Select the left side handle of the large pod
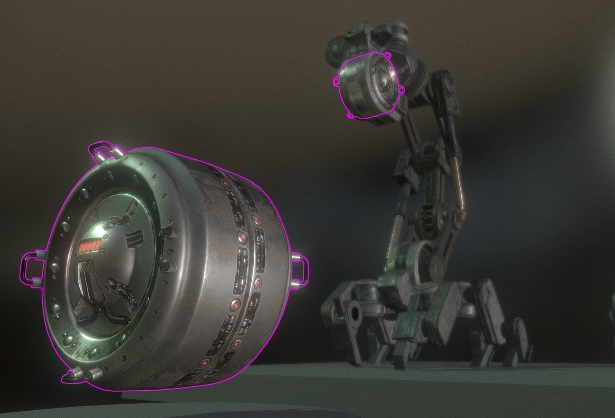pyautogui.click(x=30, y=268)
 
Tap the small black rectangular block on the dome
pyautogui.click(x=135, y=236)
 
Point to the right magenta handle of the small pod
pyautogui.click(x=401, y=89)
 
